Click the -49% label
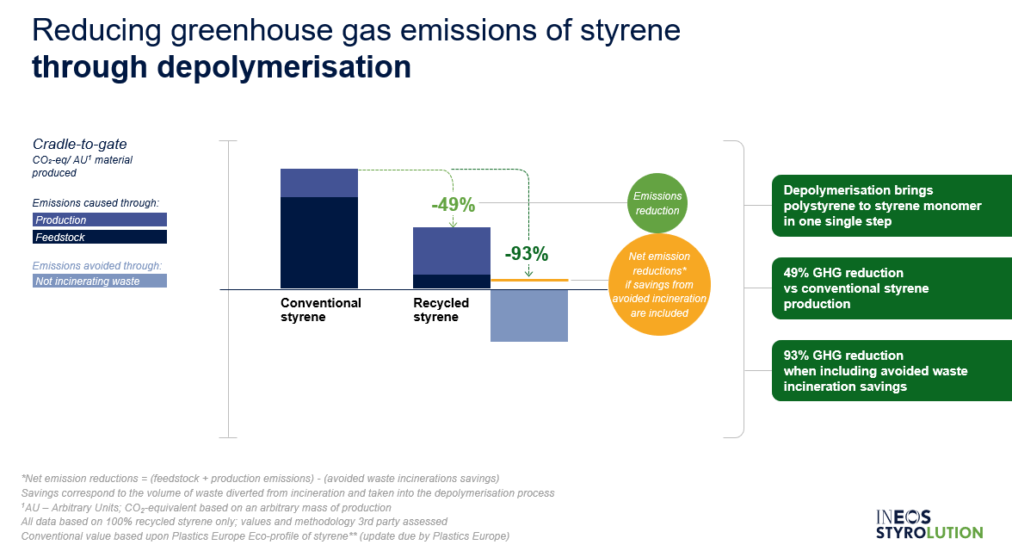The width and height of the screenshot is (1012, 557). [453, 205]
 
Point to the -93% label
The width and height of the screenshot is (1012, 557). [526, 254]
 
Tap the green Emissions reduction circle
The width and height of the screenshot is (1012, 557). [657, 203]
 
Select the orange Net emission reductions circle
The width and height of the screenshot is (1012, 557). [659, 285]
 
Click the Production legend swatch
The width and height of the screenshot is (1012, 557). [100, 220]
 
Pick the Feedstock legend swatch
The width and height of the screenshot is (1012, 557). [100, 237]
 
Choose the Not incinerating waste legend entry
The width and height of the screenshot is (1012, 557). [100, 281]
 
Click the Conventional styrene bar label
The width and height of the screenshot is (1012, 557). [321, 310]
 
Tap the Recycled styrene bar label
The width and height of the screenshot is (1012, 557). [441, 310]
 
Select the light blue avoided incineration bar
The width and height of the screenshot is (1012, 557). [529, 316]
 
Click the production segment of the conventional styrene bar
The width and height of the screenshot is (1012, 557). [318, 183]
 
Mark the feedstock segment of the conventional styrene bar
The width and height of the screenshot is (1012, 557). [318, 243]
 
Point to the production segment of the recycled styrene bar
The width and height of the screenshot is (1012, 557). [452, 251]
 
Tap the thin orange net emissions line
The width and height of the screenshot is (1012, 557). [530, 280]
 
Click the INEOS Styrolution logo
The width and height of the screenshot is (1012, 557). [929, 524]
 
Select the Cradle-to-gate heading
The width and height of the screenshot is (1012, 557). [79, 144]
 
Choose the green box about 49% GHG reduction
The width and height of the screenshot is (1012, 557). [892, 288]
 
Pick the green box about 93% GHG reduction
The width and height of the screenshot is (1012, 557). [892, 371]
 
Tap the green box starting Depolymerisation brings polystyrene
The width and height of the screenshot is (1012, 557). [892, 206]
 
